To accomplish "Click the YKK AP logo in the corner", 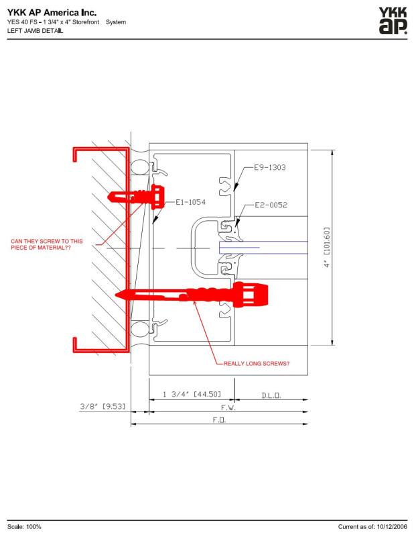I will click(x=392, y=21).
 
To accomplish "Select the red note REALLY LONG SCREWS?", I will click(x=257, y=364).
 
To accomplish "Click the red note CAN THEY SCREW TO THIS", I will click(x=47, y=240).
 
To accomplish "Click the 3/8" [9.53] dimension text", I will click(x=99, y=407).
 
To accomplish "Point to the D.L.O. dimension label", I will click(x=271, y=395).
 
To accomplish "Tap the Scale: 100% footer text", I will click(x=25, y=527).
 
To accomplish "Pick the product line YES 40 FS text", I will click(x=22, y=22).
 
